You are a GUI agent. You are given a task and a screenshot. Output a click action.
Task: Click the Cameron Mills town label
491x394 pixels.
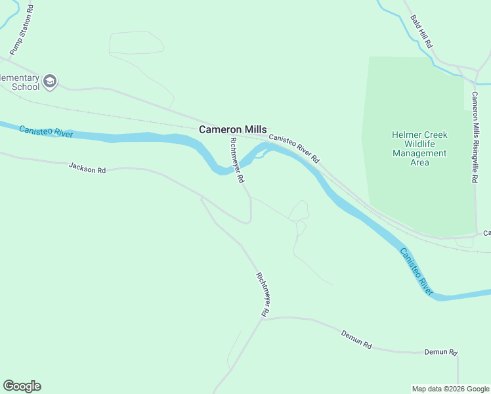232,130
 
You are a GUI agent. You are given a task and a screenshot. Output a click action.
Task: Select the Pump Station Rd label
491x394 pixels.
22,32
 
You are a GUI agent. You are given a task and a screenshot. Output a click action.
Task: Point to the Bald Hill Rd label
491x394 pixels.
421,32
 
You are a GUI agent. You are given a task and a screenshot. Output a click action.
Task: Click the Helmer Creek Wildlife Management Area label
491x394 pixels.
419,148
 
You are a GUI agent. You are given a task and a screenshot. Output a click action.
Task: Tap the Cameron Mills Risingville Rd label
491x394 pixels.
474,137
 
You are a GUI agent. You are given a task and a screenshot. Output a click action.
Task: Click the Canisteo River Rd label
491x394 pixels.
294,149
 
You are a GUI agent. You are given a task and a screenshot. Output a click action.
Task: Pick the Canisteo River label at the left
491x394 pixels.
45,131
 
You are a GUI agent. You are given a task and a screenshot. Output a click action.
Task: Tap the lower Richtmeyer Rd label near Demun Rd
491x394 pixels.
263,295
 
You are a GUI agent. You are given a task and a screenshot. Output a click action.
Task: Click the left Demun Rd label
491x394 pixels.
356,339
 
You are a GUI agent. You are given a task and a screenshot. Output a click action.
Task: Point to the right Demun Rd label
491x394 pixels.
440,353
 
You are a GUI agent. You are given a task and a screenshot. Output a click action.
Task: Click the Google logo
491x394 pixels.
22,386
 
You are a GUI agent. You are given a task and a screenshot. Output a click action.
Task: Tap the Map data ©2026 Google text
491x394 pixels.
450,389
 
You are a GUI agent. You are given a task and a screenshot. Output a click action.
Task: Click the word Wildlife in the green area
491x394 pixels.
419,144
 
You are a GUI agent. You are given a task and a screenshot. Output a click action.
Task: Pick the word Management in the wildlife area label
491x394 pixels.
419,153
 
